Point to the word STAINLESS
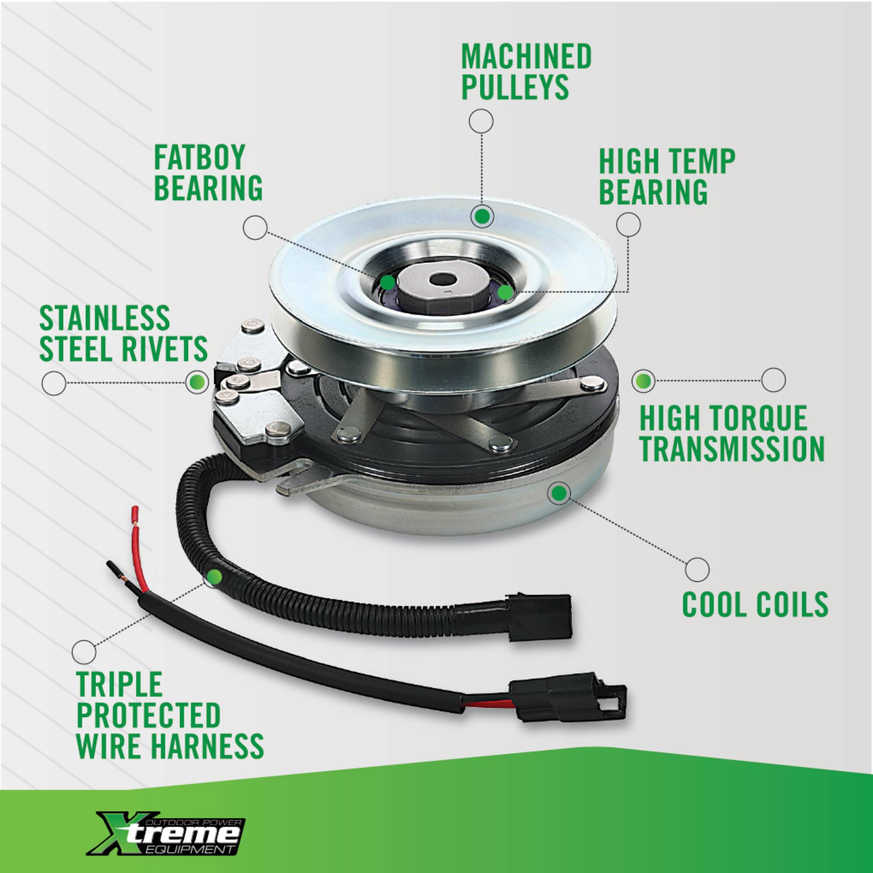[x=104, y=318]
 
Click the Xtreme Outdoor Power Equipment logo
[x=169, y=826]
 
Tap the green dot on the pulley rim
[x=482, y=217]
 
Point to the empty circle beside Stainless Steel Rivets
[x=54, y=384]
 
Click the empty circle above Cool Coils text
[x=697, y=569]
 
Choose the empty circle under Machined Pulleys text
[x=481, y=121]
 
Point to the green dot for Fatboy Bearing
[x=387, y=283]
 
